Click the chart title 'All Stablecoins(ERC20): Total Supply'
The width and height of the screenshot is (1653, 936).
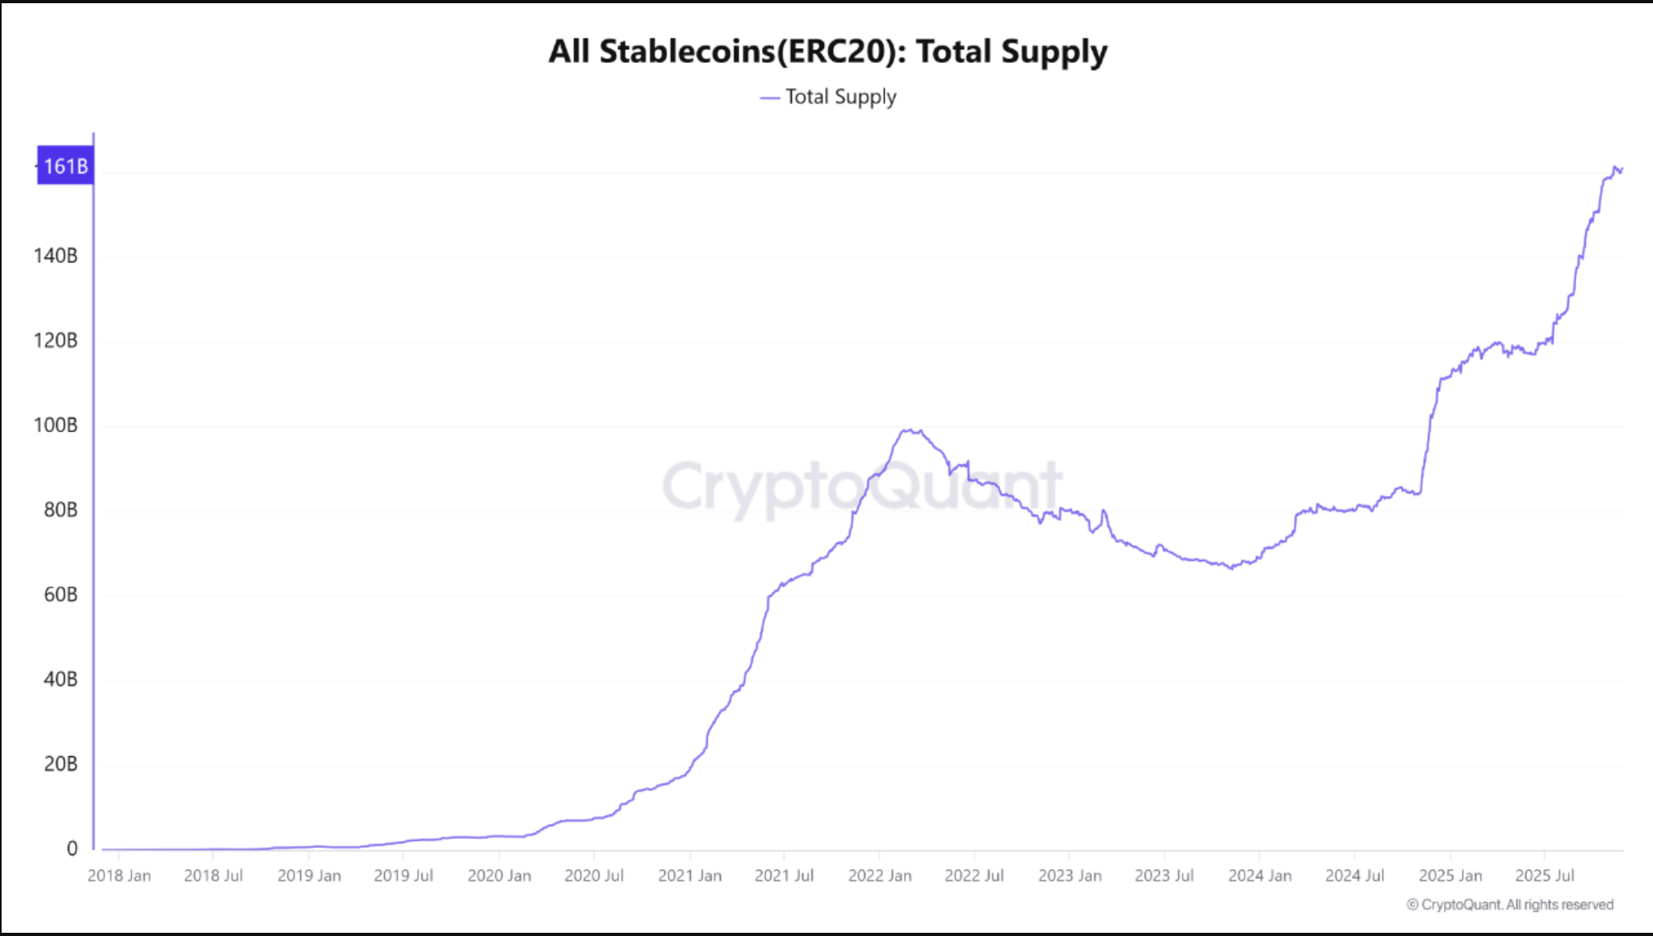tap(827, 52)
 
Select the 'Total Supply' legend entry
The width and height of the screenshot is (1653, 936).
tap(839, 97)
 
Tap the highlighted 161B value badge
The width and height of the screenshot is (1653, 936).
tap(65, 166)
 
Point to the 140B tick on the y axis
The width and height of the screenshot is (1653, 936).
tap(56, 256)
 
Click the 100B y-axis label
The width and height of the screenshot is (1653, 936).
tap(56, 425)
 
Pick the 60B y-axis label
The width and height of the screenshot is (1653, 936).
tap(61, 595)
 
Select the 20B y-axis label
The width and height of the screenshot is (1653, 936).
tap(61, 764)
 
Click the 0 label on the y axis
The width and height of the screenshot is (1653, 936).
tap(72, 849)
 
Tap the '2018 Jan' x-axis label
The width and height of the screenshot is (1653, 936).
tap(119, 875)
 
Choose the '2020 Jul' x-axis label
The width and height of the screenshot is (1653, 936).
tap(594, 875)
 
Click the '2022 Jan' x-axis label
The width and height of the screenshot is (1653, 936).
tap(880, 875)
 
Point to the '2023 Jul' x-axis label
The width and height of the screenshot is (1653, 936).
tap(1164, 875)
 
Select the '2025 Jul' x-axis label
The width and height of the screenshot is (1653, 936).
tap(1545, 875)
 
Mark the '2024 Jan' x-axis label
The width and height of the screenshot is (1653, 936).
tap(1260, 875)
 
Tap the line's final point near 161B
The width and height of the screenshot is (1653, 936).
tap(1621, 169)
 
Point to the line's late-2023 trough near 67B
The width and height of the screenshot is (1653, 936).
tap(1231, 568)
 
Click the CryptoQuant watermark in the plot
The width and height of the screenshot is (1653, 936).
tap(862, 487)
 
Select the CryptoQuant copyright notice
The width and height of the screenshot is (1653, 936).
tap(1510, 905)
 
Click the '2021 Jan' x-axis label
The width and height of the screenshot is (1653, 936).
tap(689, 875)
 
